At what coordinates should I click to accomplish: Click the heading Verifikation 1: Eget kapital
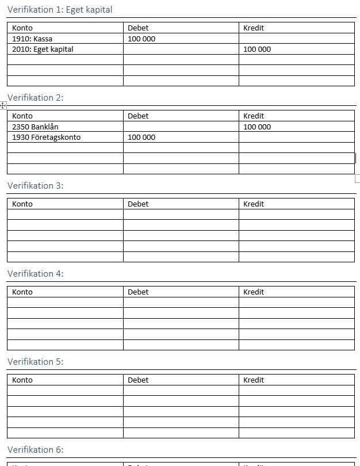click(60, 10)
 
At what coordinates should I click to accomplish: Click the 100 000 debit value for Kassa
click(141, 39)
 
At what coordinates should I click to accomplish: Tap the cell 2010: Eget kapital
click(43, 49)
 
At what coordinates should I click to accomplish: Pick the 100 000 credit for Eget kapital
click(257, 49)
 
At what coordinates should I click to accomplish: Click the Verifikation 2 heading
click(35, 98)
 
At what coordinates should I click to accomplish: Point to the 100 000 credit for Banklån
click(257, 127)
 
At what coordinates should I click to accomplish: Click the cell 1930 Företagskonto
click(47, 137)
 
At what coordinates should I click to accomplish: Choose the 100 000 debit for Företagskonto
click(141, 137)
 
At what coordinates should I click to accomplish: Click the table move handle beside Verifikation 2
click(3, 105)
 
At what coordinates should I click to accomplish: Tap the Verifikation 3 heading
click(35, 186)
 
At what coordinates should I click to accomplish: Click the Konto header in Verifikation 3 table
click(22, 204)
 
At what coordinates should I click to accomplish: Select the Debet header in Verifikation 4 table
click(138, 292)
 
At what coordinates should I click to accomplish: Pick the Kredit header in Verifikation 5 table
click(254, 380)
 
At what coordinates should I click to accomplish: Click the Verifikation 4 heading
click(35, 274)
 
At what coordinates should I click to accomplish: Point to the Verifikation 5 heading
click(35, 362)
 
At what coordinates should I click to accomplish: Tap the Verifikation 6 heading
click(35, 450)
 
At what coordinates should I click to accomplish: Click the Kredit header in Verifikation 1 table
click(254, 28)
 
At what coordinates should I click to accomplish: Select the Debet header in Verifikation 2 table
click(138, 116)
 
